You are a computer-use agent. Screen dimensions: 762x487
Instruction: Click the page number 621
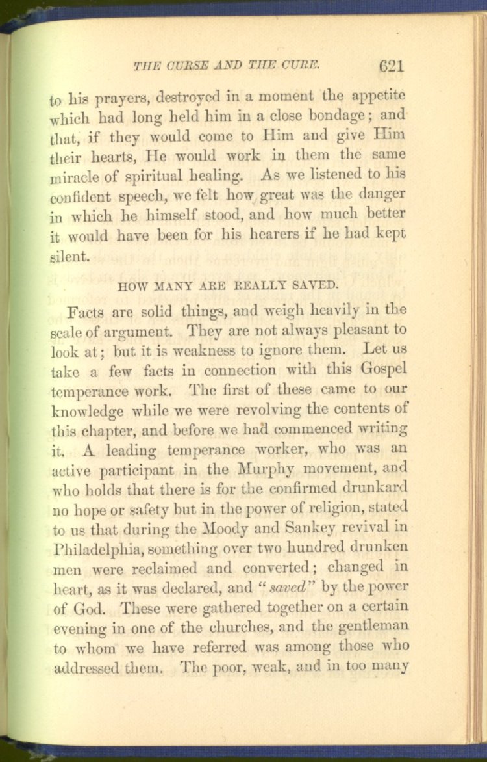click(x=390, y=65)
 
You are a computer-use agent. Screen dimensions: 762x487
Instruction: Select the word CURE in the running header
click(x=302, y=66)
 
